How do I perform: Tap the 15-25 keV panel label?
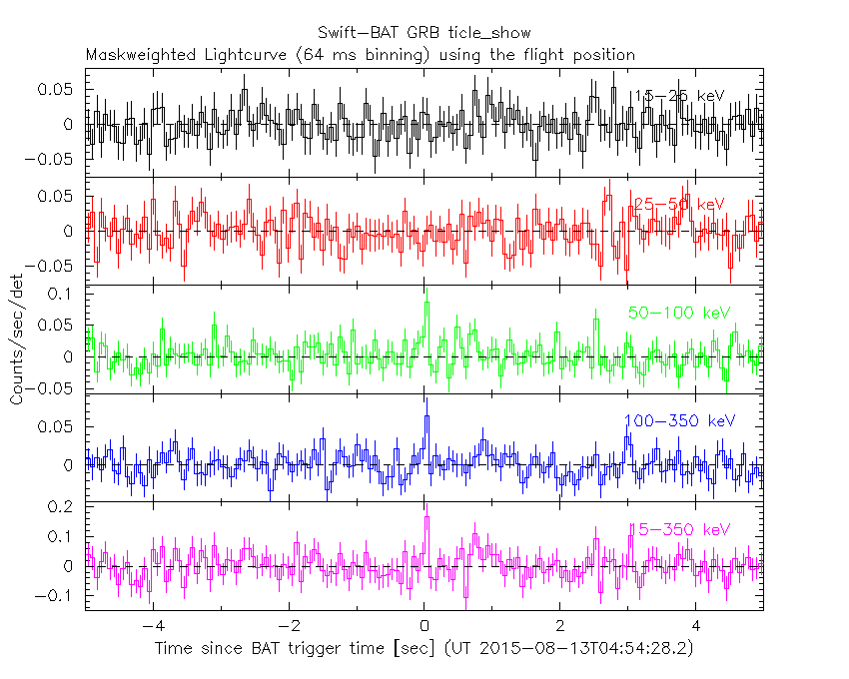pos(678,95)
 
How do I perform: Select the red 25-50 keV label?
pos(678,204)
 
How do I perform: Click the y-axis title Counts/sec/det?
pos(17,340)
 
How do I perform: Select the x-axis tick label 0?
pos(424,627)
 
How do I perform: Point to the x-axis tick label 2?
pos(560,627)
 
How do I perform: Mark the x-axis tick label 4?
pos(696,627)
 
